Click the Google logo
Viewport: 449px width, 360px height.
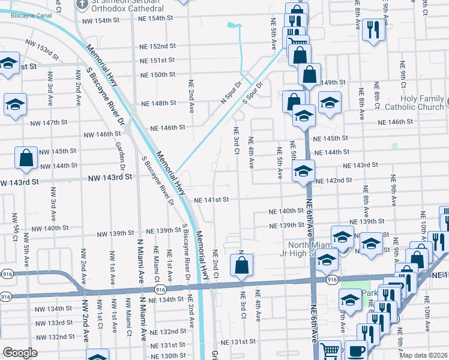(20, 353)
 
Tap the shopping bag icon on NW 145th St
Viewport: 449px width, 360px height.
(27, 158)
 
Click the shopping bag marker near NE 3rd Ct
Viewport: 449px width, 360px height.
(241, 265)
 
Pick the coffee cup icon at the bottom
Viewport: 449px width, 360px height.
(356, 350)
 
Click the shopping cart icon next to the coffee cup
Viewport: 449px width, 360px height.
(330, 350)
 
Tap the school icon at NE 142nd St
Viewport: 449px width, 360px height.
(303, 171)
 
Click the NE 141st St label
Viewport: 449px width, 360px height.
(211, 200)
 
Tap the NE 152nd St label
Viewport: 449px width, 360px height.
(157, 46)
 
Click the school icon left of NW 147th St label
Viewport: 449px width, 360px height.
(16, 104)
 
